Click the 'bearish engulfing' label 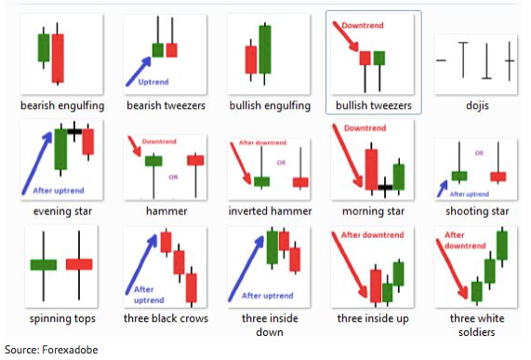coord(61,105)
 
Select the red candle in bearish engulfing coord(59,58)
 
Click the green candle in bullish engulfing coord(265,48)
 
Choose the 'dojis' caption coord(475,105)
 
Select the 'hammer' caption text coord(166,211)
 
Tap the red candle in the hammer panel coord(195,160)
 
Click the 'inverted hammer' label coord(270,211)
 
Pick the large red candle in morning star coord(371,168)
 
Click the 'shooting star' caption coord(476,211)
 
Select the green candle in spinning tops coord(43,264)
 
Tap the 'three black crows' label coord(166,318)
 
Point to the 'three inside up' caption coord(374,318)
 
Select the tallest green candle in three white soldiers coord(503,245)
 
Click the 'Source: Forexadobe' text coord(50,350)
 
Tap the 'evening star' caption coord(61,211)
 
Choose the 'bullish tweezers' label coord(374,105)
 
